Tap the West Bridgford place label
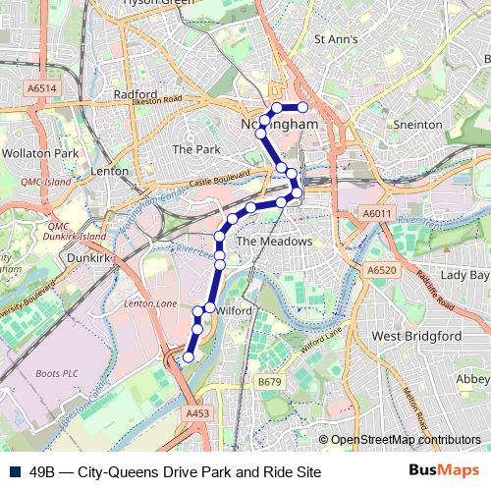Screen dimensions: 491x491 [x=414, y=336]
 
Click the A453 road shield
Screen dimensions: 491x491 [x=197, y=414]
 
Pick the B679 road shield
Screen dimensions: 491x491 [x=269, y=381]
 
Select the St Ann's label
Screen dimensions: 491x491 [x=336, y=39]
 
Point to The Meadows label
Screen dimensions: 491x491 [x=274, y=241]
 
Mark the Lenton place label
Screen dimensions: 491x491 [x=108, y=171]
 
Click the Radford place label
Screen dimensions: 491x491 [x=135, y=94]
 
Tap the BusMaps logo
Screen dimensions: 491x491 [x=443, y=470]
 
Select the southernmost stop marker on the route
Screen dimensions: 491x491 [x=188, y=358]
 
